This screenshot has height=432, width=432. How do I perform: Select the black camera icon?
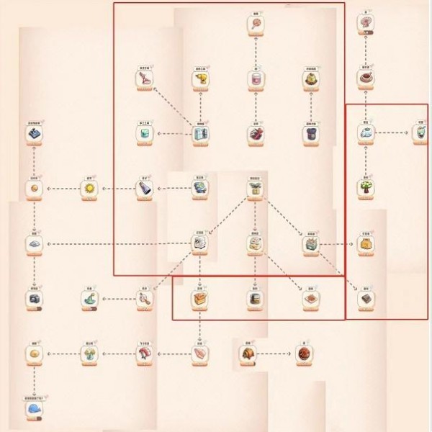(x=34, y=297)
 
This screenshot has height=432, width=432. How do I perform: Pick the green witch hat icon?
(x=89, y=297)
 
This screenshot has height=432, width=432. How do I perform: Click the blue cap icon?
(x=34, y=410)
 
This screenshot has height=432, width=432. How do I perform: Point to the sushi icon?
(x=145, y=354)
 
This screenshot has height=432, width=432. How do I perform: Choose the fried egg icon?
(x=34, y=354)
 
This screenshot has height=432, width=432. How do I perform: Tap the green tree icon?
(x=366, y=189)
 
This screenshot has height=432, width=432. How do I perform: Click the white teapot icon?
(x=366, y=133)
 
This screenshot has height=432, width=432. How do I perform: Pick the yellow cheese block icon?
(x=366, y=244)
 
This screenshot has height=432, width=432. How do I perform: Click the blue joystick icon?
(x=34, y=133)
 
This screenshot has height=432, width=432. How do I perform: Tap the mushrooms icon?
(x=89, y=354)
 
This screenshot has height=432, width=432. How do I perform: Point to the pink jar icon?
(x=256, y=78)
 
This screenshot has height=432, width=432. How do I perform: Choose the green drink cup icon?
(x=420, y=133)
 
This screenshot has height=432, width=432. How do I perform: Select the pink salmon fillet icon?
(x=200, y=354)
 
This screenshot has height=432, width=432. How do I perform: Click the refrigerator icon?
(x=200, y=135)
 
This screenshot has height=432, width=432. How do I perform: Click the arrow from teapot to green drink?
(x=393, y=133)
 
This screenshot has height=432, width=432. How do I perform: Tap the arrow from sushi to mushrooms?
(x=117, y=354)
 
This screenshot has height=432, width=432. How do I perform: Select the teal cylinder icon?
(x=145, y=135)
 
